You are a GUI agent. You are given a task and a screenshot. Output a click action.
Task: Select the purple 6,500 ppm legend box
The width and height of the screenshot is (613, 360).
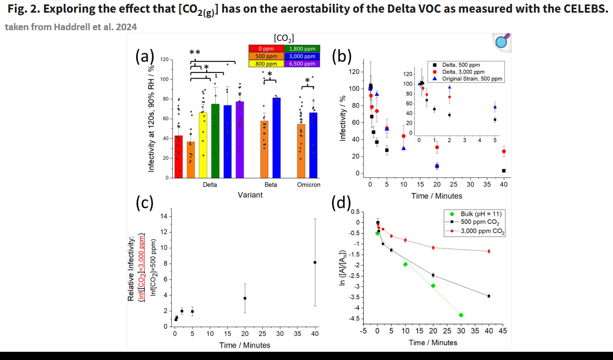[x=302, y=63]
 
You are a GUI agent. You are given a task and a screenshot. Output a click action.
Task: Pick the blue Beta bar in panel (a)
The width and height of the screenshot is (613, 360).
[x=276, y=138]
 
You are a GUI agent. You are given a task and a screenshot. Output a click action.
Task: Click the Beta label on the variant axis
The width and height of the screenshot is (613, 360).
[x=271, y=185]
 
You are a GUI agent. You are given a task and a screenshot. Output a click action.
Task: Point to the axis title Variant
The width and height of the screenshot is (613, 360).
[x=250, y=195]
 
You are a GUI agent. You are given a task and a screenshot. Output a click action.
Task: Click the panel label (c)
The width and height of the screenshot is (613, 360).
[x=144, y=203]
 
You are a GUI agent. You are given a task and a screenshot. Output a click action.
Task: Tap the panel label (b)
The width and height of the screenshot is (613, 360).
[x=342, y=55]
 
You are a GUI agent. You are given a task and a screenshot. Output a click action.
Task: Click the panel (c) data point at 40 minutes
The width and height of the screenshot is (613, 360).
[x=315, y=262]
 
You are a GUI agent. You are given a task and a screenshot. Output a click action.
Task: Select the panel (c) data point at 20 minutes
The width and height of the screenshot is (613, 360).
[x=245, y=298]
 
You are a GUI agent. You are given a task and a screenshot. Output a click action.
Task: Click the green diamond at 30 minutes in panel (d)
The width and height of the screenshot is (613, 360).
[x=461, y=315]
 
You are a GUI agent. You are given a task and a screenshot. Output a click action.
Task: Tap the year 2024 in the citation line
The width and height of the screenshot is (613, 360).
[x=126, y=27]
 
